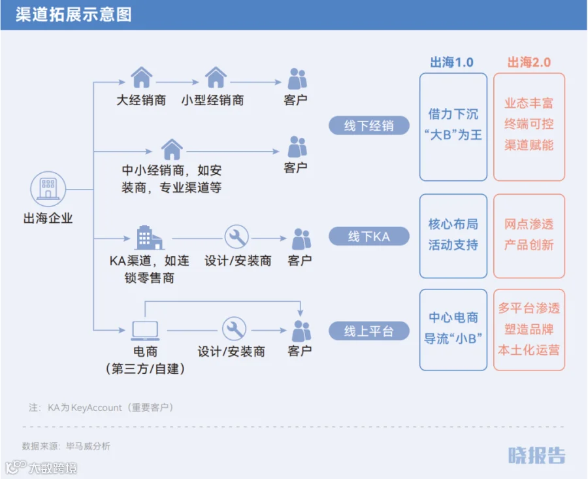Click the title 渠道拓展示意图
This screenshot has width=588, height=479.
pyautogui.click(x=73, y=14)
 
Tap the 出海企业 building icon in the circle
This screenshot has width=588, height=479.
pyautogui.click(x=48, y=189)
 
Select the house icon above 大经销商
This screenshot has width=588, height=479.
pyautogui.click(x=141, y=77)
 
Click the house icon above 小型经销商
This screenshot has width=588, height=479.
pyautogui.click(x=216, y=77)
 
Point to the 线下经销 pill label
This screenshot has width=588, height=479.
pyautogui.click(x=369, y=125)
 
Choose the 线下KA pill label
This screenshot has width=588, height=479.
pyautogui.click(x=369, y=237)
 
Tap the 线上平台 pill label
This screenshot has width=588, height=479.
pyautogui.click(x=369, y=331)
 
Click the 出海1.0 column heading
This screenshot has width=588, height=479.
pyautogui.click(x=452, y=62)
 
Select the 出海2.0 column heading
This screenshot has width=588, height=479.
pyautogui.click(x=529, y=62)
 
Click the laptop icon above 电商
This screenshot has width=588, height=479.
pyautogui.click(x=145, y=331)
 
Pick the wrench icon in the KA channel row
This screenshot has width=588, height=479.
pyautogui.click(x=237, y=237)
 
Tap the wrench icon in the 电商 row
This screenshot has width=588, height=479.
pyautogui.click(x=235, y=329)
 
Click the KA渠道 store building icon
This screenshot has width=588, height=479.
pyautogui.click(x=149, y=237)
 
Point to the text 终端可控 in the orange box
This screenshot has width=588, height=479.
pyautogui.click(x=529, y=124)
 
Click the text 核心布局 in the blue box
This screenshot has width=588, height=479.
pyautogui.click(x=453, y=224)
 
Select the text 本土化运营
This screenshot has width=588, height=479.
pyautogui.click(x=529, y=350)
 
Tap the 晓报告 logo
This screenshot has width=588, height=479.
pyautogui.click(x=536, y=455)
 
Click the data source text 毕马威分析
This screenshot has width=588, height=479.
pyautogui.click(x=88, y=446)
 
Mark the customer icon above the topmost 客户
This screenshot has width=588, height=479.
pyautogui.click(x=297, y=78)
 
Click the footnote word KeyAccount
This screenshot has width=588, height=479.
pyautogui.click(x=97, y=408)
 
